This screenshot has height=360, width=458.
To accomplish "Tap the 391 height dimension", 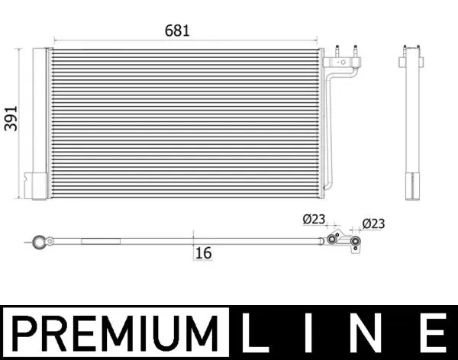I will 11,115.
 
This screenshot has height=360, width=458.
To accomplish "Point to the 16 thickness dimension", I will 202,252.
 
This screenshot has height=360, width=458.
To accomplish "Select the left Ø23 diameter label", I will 313,220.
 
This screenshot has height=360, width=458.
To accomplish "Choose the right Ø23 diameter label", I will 373,223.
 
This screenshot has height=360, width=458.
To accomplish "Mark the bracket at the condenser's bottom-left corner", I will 37,185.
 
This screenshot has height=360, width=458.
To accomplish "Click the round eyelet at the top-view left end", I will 39,243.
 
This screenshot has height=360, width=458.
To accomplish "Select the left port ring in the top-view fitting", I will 332,239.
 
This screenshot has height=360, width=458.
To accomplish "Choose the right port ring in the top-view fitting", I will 355,245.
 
